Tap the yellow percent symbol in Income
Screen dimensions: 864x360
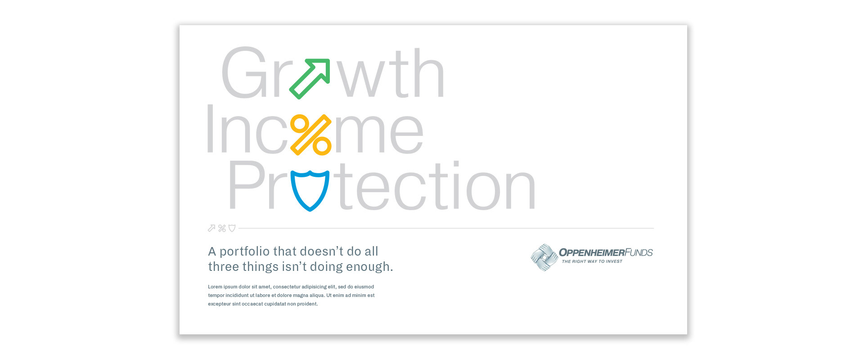click(x=311, y=135)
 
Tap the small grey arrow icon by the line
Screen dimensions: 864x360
click(x=211, y=228)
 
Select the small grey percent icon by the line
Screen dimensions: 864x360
click(x=222, y=228)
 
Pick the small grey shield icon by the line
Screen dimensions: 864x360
click(x=232, y=228)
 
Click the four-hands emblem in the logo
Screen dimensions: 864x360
click(x=544, y=257)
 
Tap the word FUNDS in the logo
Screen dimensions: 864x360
click(x=639, y=252)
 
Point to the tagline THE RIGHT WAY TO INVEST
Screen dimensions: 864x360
click(x=592, y=261)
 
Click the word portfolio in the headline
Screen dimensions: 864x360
click(x=244, y=252)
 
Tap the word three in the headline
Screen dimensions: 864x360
click(x=224, y=267)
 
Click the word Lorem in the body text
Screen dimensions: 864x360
click(x=215, y=287)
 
